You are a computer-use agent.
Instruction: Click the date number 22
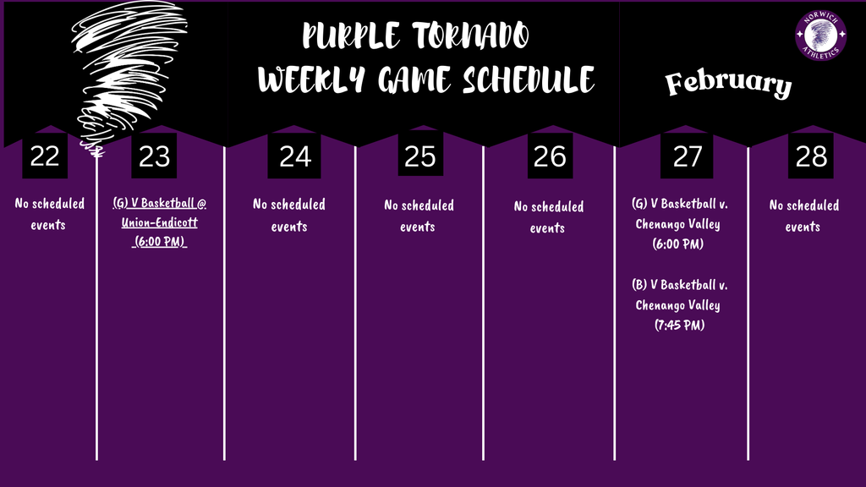[45, 156]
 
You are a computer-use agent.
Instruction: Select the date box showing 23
[154, 156]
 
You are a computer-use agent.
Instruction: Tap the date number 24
[294, 156]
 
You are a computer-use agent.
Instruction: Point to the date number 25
[419, 156]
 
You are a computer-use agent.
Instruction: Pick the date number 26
[551, 156]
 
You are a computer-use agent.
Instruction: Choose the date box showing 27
[687, 156]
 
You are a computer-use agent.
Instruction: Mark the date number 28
[811, 156]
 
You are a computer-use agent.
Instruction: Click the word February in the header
[728, 84]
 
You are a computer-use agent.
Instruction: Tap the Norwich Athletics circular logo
[820, 36]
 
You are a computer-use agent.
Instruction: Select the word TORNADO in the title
[471, 36]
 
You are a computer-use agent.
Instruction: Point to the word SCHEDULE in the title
[529, 80]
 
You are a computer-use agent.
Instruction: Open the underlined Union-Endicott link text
[160, 222]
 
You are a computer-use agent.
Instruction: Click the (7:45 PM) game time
[679, 325]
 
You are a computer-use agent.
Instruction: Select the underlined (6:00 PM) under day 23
[160, 242]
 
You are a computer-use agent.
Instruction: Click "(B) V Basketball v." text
[679, 285]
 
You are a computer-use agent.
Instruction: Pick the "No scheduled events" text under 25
[419, 216]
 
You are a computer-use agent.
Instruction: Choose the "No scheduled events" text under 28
[803, 216]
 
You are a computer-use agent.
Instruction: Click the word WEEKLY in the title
[313, 80]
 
